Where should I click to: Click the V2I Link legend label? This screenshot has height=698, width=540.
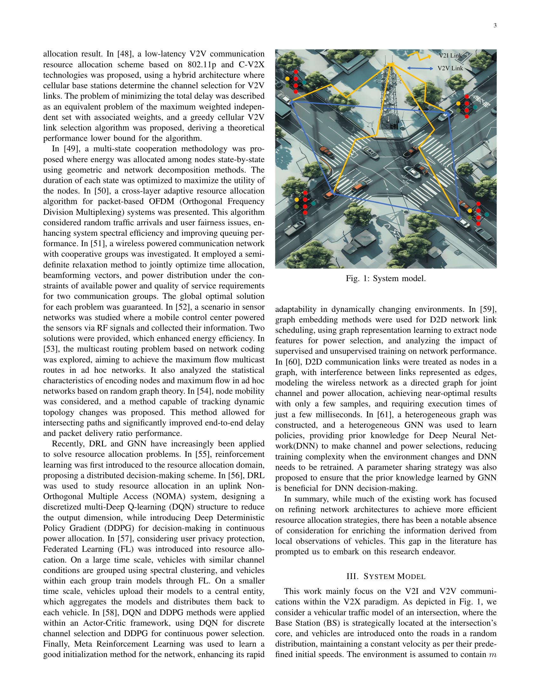[450, 56]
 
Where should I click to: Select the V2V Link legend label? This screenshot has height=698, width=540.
[450, 69]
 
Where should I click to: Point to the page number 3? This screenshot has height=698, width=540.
[495, 26]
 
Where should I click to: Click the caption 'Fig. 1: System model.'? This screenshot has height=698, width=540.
[386, 279]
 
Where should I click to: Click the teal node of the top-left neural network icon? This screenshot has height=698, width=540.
[304, 82]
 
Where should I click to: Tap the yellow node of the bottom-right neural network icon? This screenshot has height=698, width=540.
[469, 211]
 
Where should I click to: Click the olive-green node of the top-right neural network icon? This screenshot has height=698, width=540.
[458, 110]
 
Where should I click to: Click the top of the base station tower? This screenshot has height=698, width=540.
[390, 64]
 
